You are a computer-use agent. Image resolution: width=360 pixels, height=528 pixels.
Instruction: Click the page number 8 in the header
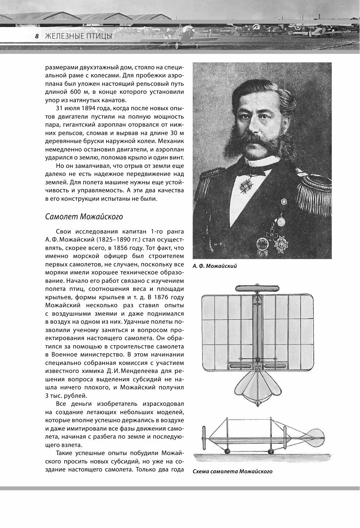(36, 36)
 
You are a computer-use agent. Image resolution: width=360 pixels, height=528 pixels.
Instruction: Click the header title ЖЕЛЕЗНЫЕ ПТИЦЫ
(78, 36)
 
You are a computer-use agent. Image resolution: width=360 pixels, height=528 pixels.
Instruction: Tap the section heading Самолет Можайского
(84, 216)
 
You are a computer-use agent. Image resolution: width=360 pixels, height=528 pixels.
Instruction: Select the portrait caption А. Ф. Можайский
(215, 266)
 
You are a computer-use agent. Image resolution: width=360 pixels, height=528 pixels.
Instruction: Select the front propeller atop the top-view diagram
(258, 288)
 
